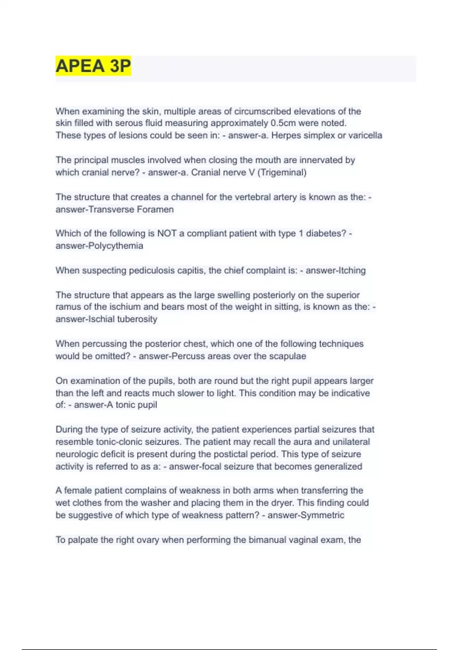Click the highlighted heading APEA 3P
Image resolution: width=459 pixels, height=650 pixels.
click(93, 66)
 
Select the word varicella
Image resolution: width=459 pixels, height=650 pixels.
click(365, 135)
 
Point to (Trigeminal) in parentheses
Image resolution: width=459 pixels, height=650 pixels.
click(282, 172)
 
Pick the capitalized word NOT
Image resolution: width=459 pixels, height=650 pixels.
click(167, 233)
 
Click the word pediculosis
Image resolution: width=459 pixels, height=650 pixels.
click(151, 270)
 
